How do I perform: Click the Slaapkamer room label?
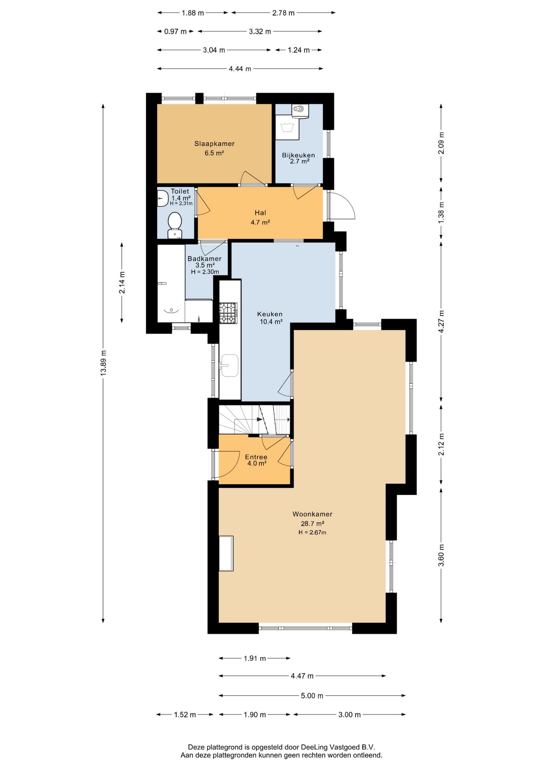click(214, 144)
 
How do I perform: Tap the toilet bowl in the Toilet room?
click(175, 225)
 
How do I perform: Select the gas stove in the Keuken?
click(228, 313)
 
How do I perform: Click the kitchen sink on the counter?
click(229, 365)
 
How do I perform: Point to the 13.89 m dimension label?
click(103, 362)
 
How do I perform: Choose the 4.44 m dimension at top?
click(240, 69)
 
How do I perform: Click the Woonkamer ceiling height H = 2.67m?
click(312, 532)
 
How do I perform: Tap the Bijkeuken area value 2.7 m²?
click(300, 161)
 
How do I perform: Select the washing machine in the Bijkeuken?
click(287, 128)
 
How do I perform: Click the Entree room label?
click(256, 457)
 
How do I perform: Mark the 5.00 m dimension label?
click(312, 696)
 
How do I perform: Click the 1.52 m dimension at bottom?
click(185, 715)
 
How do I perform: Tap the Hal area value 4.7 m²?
click(260, 222)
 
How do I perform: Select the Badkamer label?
click(204, 259)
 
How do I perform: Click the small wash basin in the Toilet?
click(162, 198)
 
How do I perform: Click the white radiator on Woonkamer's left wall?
click(226, 553)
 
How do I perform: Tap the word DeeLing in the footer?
click(314, 747)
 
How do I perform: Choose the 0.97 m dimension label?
click(175, 31)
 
